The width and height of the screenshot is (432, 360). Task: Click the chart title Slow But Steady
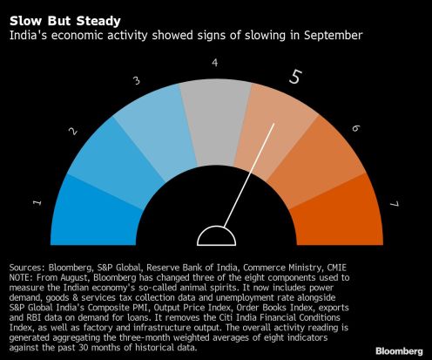[65, 21]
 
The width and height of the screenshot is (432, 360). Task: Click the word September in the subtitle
[334, 36]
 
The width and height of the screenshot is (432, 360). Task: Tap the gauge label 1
[37, 202]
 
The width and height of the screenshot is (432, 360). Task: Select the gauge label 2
[73, 132]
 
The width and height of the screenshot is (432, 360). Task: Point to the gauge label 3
[137, 80]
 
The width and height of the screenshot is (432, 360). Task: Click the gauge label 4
[215, 62]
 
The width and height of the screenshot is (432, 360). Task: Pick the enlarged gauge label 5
[295, 77]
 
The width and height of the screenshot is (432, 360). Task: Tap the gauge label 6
[355, 128]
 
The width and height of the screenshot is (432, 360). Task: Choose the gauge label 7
[395, 204]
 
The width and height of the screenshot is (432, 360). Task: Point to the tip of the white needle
[274, 124]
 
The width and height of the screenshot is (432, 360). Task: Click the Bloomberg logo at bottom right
[399, 351]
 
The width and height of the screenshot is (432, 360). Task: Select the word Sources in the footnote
[25, 268]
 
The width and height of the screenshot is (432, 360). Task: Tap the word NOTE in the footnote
[20, 277]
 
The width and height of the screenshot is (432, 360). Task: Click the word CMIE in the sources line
[337, 268]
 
